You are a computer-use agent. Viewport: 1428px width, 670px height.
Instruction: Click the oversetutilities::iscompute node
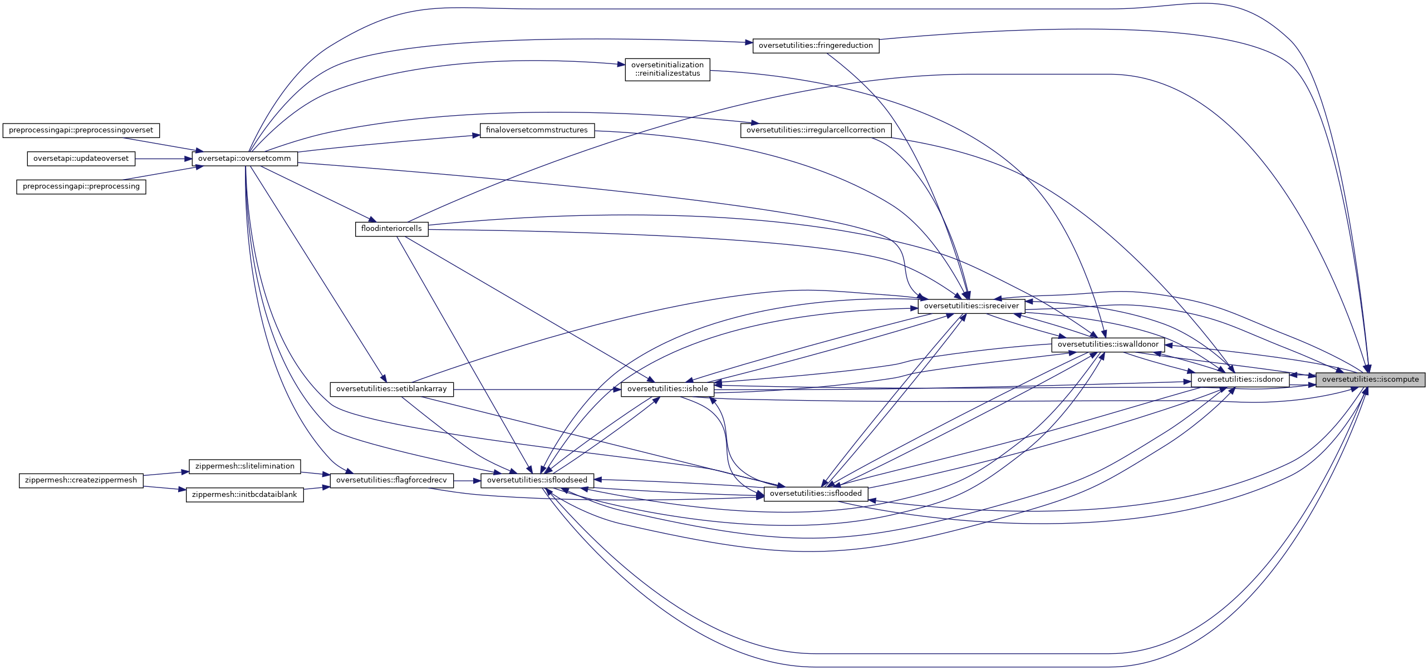1370,380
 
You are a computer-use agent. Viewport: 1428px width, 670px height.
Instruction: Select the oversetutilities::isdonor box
1240,380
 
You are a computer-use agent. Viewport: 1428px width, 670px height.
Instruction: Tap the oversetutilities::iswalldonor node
1108,344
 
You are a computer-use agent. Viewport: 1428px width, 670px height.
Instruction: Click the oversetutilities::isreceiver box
971,306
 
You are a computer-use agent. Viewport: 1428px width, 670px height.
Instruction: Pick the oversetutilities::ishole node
667,389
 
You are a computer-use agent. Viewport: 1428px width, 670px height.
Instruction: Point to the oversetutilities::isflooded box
816,494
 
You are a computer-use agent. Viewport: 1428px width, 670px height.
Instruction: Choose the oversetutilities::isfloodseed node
537,480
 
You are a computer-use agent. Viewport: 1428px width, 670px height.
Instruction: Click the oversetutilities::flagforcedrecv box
391,480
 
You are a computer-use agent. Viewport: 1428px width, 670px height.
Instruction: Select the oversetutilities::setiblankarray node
391,389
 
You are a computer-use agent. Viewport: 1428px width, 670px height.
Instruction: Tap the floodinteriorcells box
391,229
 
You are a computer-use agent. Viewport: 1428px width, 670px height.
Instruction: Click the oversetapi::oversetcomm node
244,159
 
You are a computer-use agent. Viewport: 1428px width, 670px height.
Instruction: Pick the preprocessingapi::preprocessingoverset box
81,130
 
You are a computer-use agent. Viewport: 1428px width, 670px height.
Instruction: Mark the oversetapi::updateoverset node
81,159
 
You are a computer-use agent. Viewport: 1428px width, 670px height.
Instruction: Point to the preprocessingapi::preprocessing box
81,186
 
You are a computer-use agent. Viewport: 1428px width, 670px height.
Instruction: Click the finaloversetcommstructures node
537,130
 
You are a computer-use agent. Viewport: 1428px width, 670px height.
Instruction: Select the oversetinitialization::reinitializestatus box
667,70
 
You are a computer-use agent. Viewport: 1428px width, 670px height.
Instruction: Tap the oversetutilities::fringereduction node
816,46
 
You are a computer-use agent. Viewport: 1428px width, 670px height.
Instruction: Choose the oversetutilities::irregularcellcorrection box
816,130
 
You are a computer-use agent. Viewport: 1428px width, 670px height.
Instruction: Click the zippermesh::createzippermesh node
81,480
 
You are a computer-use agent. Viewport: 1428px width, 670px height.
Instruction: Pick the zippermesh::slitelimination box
244,466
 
